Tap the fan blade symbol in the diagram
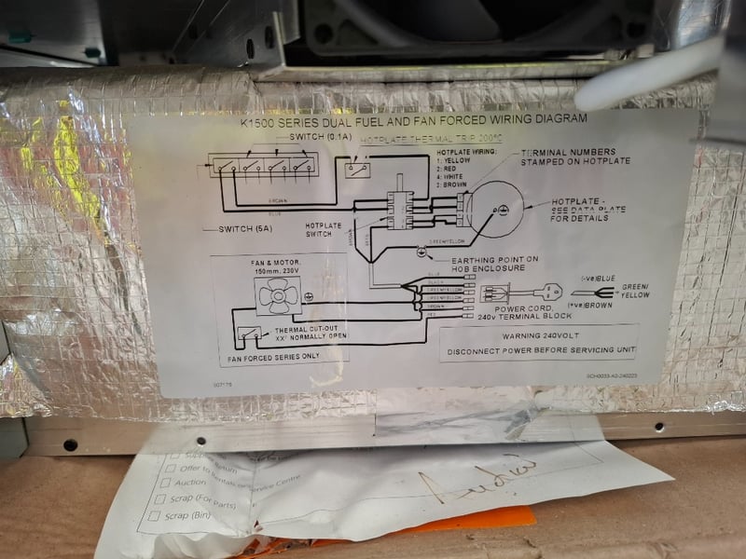coord(276,297)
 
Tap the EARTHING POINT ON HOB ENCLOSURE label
coord(494,265)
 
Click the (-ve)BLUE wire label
coord(597,278)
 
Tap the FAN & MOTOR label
coord(276,264)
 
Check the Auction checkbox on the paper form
coord(164,483)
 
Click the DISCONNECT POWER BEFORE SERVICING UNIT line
coord(540,351)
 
